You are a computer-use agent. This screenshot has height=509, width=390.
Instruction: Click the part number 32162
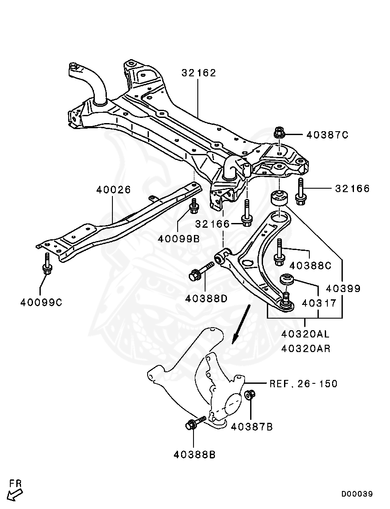click(198, 73)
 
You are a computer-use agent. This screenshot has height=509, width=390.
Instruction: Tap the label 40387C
click(327, 135)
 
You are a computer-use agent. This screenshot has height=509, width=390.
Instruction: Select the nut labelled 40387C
click(278, 133)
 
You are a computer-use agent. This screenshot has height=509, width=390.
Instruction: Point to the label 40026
click(113, 190)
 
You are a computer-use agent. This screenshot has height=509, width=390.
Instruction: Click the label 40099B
click(178, 239)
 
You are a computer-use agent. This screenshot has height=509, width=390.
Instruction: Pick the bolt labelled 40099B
click(194, 206)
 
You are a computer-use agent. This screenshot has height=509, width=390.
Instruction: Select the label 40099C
click(41, 303)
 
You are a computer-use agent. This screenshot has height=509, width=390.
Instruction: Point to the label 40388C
click(310, 265)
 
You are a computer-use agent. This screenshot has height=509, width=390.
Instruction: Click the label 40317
click(319, 303)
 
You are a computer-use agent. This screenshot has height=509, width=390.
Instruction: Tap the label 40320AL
click(305, 334)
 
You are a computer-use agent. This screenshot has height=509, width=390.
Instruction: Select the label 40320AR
click(305, 349)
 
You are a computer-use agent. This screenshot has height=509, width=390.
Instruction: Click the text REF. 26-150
click(304, 384)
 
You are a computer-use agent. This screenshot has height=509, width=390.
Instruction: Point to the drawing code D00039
click(357, 494)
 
